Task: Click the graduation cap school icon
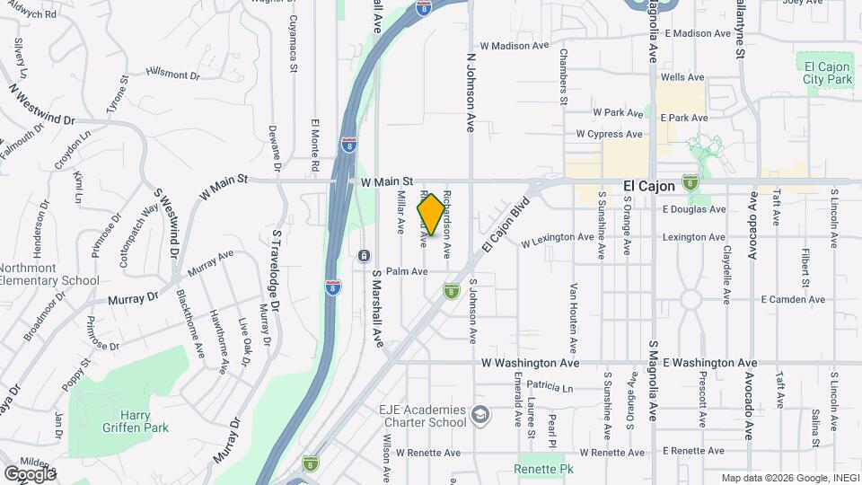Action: pyautogui.click(x=479, y=415)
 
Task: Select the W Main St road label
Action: pyautogui.click(x=386, y=181)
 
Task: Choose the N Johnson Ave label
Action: pyautogui.click(x=470, y=90)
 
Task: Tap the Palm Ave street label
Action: pyautogui.click(x=407, y=271)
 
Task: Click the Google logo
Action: pyautogui.click(x=31, y=472)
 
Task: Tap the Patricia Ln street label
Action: pyautogui.click(x=550, y=387)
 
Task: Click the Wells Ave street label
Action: pyautogui.click(x=682, y=78)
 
